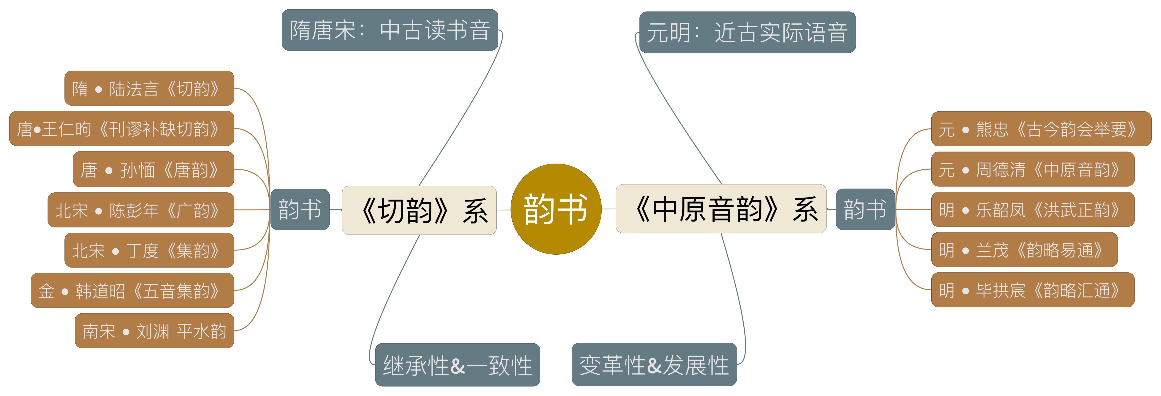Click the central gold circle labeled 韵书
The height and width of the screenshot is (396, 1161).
556,209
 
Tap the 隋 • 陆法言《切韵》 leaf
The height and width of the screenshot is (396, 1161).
149,88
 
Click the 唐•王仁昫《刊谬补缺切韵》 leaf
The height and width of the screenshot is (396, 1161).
122,128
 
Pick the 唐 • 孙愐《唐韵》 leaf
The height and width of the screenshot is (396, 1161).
153,169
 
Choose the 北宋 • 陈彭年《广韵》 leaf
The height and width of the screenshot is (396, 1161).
141,210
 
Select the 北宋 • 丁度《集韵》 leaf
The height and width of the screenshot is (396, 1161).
149,250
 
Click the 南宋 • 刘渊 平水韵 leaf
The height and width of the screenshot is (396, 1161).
154,331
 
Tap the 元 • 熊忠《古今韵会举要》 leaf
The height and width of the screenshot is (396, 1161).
1041,129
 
